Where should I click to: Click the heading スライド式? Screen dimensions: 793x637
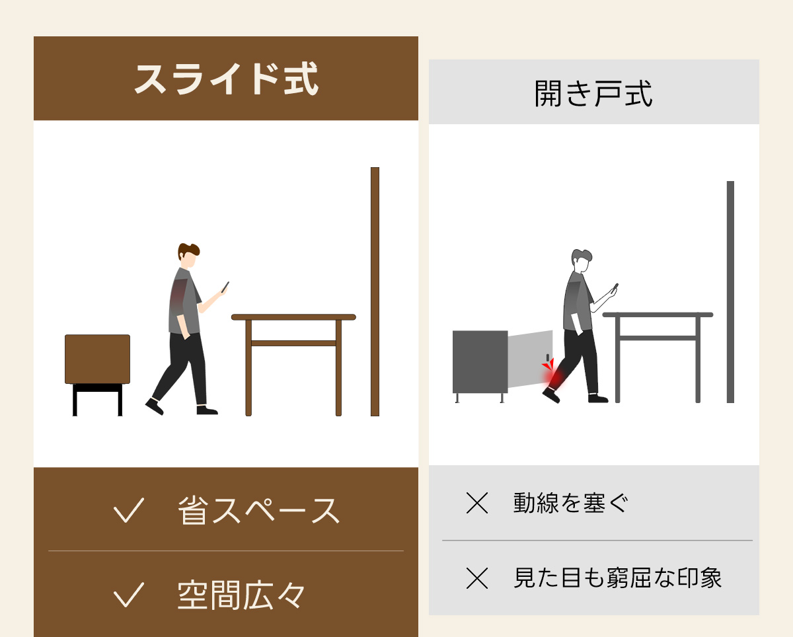(226, 79)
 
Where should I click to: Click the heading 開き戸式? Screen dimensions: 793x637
(593, 94)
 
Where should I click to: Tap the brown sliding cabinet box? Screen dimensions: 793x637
(97, 359)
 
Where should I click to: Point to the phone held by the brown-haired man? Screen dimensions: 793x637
(225, 287)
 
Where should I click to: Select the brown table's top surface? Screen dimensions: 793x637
(293, 317)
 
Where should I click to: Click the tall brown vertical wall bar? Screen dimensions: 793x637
(375, 291)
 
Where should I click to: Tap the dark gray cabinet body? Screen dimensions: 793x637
(480, 362)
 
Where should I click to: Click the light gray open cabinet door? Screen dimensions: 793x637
(530, 359)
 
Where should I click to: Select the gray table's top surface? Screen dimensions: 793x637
(658, 315)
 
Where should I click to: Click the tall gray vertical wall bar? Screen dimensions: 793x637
(730, 292)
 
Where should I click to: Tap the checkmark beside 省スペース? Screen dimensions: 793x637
(129, 510)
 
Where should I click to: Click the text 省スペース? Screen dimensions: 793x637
(258, 510)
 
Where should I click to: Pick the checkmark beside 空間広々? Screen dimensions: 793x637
(129, 594)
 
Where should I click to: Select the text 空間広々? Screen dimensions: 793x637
(241, 595)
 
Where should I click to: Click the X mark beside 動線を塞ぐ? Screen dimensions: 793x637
(477, 503)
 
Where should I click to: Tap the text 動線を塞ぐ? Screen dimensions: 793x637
(570, 503)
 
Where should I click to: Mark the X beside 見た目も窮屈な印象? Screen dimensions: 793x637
(477, 578)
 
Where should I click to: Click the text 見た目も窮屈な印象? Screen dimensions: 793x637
(618, 578)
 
